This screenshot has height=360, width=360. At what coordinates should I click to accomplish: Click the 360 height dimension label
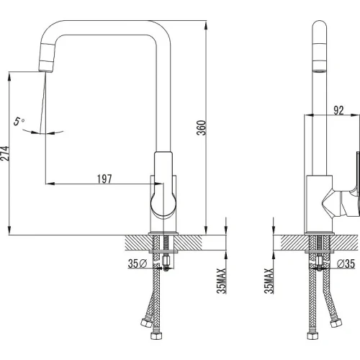202,127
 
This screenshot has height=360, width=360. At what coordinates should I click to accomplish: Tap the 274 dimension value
4,153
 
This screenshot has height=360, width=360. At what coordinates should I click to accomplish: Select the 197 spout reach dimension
104,179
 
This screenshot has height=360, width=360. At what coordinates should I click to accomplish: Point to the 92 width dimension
338,110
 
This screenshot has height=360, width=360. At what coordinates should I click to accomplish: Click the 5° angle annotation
19,121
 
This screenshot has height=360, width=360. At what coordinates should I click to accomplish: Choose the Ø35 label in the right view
346,264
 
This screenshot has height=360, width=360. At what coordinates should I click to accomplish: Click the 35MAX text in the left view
221,281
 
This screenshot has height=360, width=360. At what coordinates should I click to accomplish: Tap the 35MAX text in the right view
269,281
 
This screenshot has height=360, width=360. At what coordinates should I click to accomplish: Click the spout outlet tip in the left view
45,71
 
